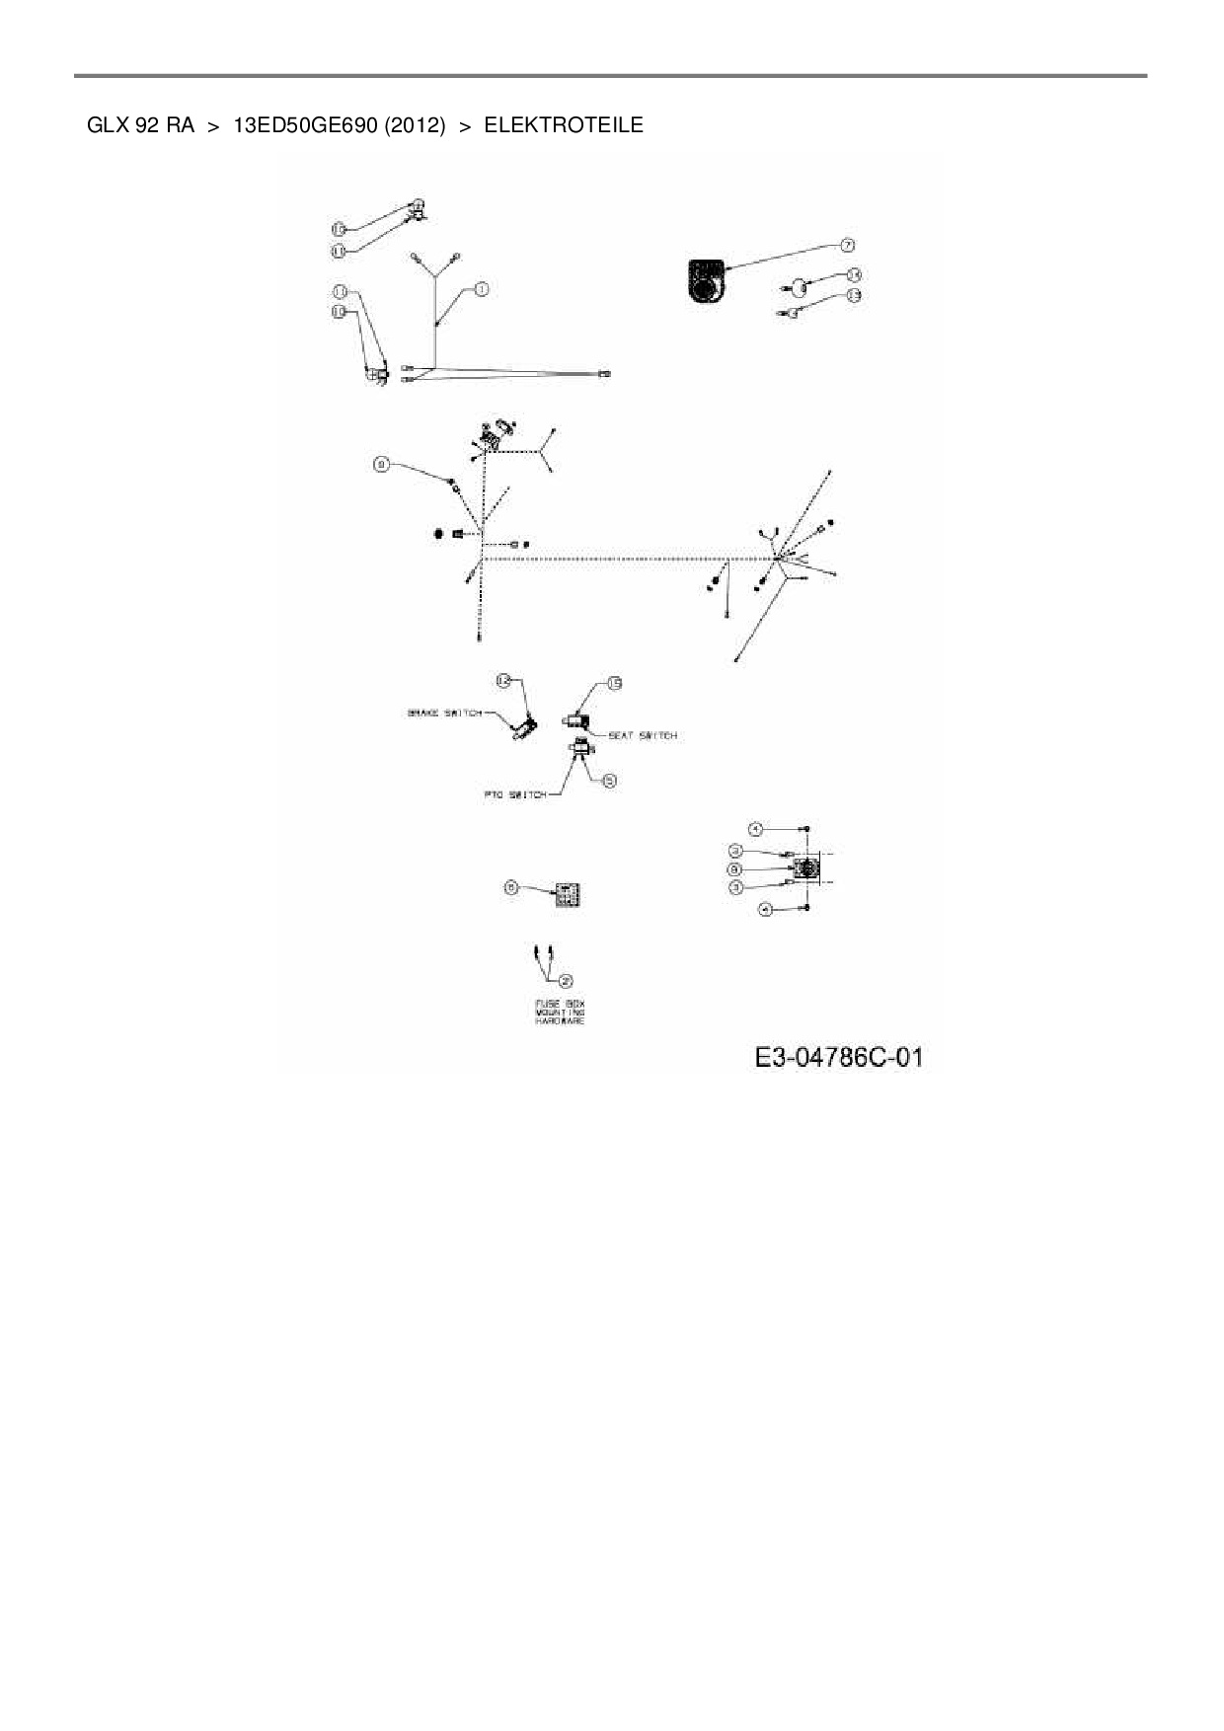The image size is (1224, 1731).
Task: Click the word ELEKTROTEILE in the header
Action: pos(563,125)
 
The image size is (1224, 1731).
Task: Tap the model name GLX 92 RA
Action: pos(140,125)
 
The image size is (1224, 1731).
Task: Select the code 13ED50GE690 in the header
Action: pos(305,125)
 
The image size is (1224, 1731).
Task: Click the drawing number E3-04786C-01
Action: pos(838,1058)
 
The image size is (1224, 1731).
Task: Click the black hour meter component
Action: pos(705,278)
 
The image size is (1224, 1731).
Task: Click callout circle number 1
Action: pos(481,289)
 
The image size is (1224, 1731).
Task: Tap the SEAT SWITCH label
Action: pos(643,735)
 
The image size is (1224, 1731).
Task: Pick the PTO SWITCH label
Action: pos(514,794)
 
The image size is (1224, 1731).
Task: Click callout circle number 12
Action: pos(502,680)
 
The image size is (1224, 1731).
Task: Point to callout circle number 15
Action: pos(614,683)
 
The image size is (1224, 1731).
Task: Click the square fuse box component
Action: pos(567,895)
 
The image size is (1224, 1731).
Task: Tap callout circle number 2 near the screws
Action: pos(566,980)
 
